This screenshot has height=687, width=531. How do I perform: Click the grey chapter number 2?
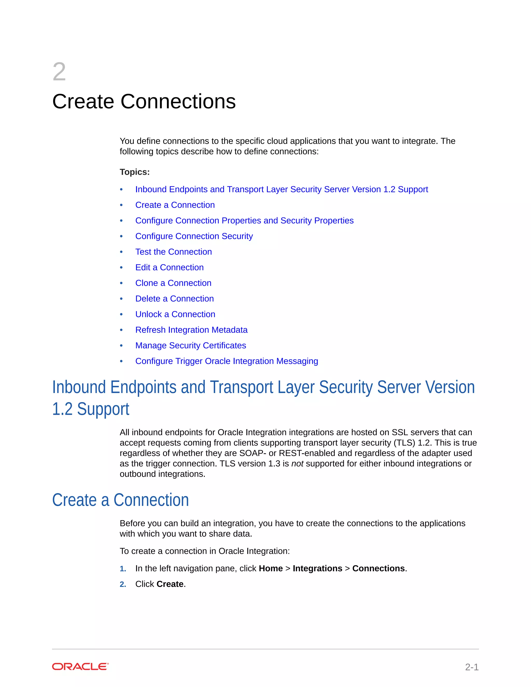(x=59, y=72)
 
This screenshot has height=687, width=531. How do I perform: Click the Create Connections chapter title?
(x=144, y=101)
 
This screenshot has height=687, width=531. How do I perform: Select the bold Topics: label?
(x=135, y=172)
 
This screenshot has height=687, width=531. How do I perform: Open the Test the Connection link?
(x=173, y=252)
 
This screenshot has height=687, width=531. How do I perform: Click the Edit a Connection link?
(x=169, y=267)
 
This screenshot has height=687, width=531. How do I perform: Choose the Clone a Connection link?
(x=173, y=283)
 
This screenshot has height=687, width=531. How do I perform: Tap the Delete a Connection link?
(x=174, y=298)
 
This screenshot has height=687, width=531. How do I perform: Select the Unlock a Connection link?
(x=175, y=314)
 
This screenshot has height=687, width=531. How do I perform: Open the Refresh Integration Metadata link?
(x=191, y=330)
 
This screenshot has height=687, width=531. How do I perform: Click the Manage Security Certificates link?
(x=191, y=345)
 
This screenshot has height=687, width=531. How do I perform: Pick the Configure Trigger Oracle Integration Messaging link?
(x=227, y=361)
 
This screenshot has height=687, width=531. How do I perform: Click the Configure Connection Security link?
(x=194, y=236)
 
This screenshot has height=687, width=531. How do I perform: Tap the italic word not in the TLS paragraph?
(x=297, y=464)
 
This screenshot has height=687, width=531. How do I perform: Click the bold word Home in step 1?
(x=270, y=569)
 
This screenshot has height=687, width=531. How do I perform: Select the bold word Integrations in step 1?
(x=317, y=569)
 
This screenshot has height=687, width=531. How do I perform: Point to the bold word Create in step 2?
(x=170, y=584)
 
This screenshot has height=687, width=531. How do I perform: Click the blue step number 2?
(x=123, y=584)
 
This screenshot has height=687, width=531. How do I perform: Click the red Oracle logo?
(x=80, y=667)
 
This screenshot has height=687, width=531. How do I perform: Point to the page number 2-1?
(x=472, y=667)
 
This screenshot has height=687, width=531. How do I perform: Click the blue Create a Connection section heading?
(x=121, y=500)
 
